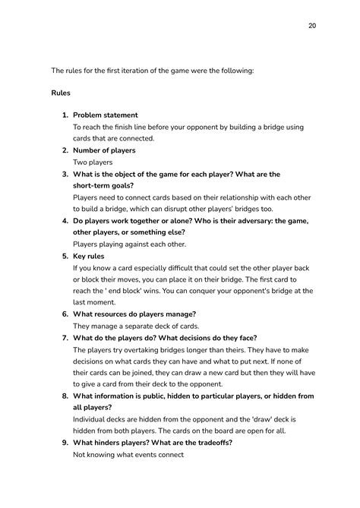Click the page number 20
[312, 26]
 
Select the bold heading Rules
[61, 93]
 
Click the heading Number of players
[104, 150]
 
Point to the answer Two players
[93, 162]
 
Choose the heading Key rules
[88, 257]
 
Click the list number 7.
[65, 338]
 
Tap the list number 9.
[65, 443]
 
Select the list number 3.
[65, 174]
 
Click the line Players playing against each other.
[130, 245]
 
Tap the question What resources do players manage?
[135, 314]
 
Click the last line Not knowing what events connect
[128, 454]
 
